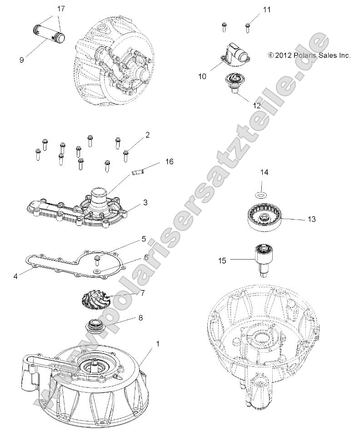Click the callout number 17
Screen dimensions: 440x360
click(61, 9)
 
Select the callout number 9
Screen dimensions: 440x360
click(22, 59)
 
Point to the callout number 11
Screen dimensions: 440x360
click(266, 10)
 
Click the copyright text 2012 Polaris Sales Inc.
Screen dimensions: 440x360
click(309, 55)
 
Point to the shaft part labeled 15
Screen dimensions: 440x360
click(264, 258)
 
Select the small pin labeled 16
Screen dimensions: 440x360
click(137, 172)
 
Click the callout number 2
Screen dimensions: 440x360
click(147, 135)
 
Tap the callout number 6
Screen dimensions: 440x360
click(146, 257)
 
